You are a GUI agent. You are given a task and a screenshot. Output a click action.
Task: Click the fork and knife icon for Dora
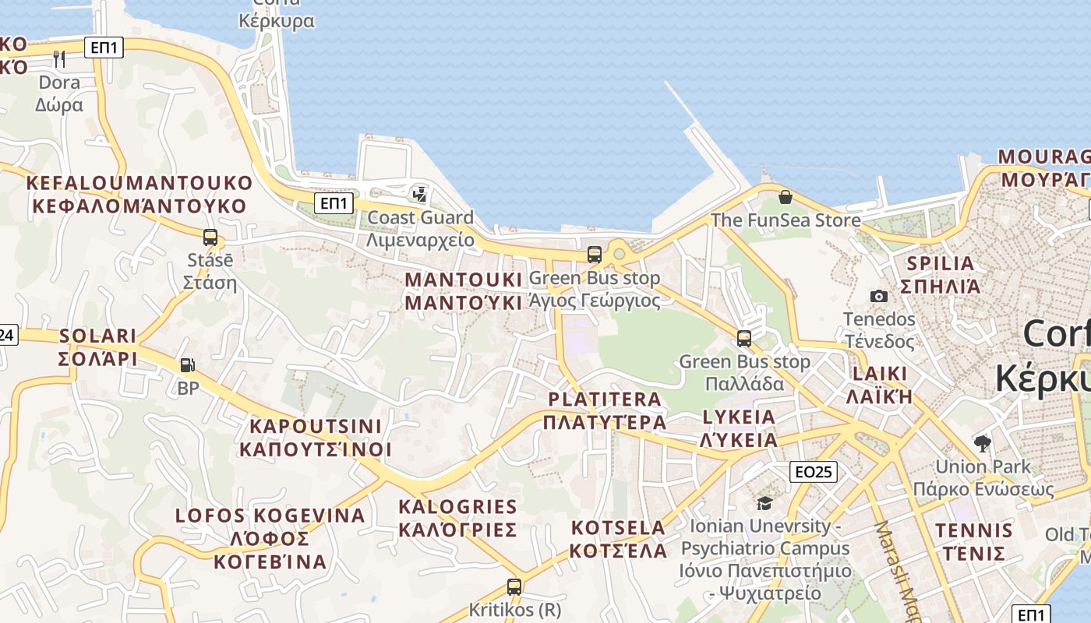pyautogui.click(x=59, y=58)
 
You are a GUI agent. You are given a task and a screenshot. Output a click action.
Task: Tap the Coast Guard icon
pyautogui.click(x=420, y=194)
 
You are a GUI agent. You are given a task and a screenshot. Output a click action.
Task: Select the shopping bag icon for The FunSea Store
pyautogui.click(x=785, y=196)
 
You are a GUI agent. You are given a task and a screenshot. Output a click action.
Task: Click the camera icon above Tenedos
pyautogui.click(x=878, y=296)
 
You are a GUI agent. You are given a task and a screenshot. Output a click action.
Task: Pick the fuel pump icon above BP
pyautogui.click(x=188, y=364)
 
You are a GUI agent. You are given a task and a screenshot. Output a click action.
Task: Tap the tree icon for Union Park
pyautogui.click(x=983, y=444)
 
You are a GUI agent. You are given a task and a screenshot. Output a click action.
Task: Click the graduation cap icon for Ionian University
pyautogui.click(x=764, y=503)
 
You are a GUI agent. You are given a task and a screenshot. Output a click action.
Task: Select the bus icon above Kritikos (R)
pyautogui.click(x=514, y=587)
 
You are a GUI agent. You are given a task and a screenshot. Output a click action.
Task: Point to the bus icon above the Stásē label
pyautogui.click(x=210, y=238)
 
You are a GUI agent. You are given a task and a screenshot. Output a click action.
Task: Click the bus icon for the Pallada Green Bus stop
pyautogui.click(x=744, y=339)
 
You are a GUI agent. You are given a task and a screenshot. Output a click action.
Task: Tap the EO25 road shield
pyautogui.click(x=814, y=471)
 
